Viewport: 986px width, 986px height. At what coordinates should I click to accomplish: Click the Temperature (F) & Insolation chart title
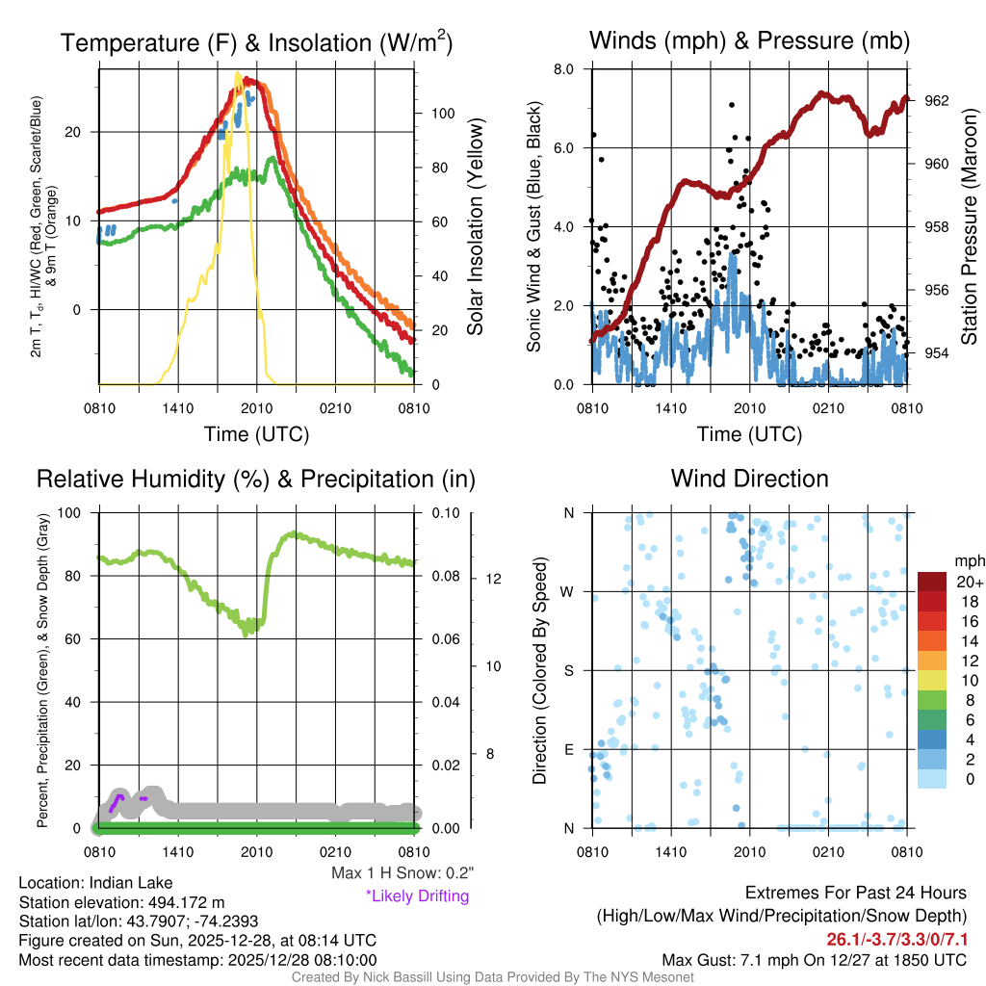[256, 42]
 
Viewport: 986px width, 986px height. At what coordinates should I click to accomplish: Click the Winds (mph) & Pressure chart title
[749, 40]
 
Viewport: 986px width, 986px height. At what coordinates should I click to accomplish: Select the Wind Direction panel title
[749, 479]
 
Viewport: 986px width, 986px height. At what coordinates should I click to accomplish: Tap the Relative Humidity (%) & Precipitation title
[256, 479]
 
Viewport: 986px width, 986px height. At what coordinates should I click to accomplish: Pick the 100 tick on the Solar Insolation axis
[442, 113]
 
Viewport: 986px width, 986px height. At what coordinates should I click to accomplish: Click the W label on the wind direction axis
[569, 591]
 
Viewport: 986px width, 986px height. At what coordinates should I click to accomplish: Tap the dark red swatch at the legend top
[933, 582]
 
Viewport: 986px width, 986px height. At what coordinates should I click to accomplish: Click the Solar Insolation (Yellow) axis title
[475, 227]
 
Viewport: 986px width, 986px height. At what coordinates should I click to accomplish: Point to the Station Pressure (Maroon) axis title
[970, 227]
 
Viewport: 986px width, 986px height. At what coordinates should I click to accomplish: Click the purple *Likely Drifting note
[417, 895]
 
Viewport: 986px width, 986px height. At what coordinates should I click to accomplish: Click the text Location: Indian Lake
[82, 883]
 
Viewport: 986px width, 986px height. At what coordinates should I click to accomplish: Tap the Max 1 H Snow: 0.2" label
[402, 873]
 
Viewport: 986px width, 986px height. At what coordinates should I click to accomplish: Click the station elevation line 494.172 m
[121, 902]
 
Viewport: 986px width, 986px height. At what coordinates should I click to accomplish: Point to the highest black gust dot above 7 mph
[732, 104]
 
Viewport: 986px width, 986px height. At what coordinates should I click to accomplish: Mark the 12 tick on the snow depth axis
[495, 579]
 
